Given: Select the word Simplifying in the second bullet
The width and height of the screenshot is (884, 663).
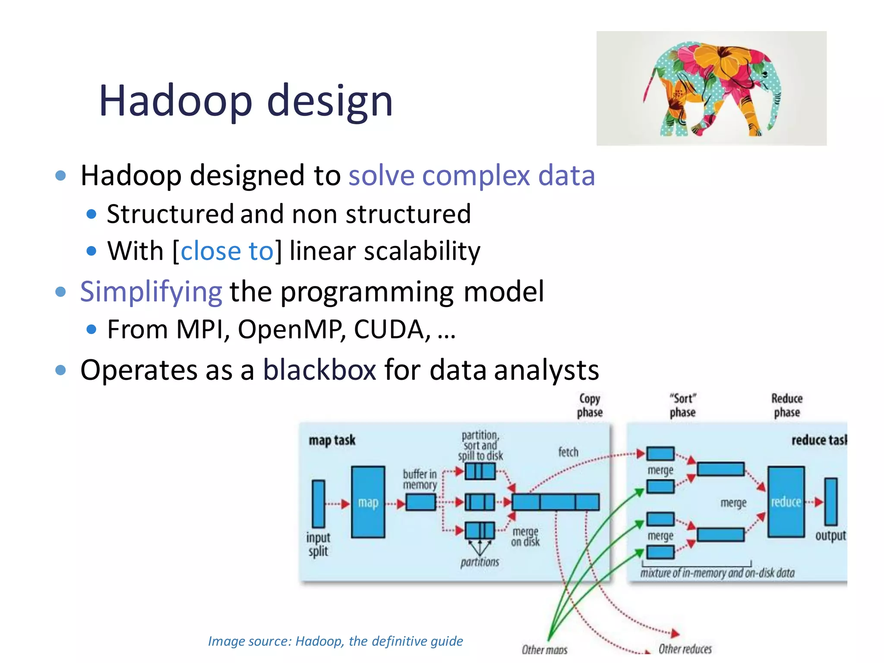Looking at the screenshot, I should [x=151, y=292].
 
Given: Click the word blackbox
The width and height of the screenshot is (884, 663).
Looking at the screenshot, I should [x=319, y=370].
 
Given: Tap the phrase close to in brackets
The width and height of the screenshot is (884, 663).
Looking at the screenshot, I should [x=227, y=251].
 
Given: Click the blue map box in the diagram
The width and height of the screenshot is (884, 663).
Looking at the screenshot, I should [x=368, y=502].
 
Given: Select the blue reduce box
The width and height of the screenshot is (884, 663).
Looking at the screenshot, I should [x=786, y=502].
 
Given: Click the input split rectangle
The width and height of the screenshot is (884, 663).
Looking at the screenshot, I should [x=318, y=503].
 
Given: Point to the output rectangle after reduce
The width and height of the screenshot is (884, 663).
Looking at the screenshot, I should [x=830, y=502].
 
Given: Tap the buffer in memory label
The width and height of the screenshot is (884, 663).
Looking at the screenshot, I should [x=420, y=480].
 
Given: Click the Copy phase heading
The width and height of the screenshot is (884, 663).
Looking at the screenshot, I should [x=590, y=405].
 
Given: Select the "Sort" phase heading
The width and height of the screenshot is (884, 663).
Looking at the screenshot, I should [x=682, y=405].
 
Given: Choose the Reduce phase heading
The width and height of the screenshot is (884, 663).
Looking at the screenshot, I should [x=787, y=405].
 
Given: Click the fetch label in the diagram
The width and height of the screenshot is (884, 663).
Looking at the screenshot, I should [x=568, y=452].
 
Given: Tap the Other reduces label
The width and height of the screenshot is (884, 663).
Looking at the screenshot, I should [x=685, y=649].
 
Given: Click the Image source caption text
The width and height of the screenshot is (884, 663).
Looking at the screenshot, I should [x=335, y=641].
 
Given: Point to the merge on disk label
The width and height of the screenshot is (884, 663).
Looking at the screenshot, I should [x=525, y=537].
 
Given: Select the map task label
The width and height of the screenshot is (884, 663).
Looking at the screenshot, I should [x=332, y=440].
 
